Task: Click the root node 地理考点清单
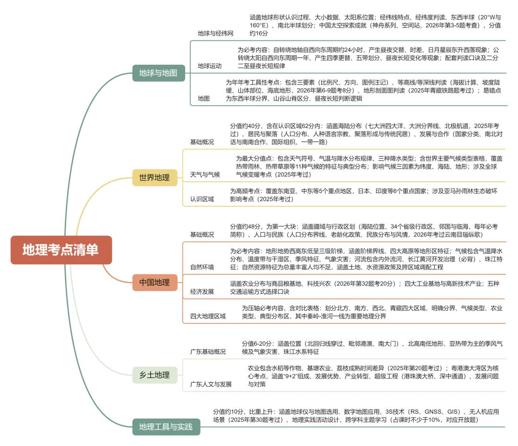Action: pyautogui.click(x=61, y=250)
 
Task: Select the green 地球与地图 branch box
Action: pyautogui.click(x=159, y=73)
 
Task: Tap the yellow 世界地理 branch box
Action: pyautogui.click(x=154, y=178)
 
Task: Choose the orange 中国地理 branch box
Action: pyautogui.click(x=154, y=282)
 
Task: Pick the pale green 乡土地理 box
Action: pyautogui.click(x=154, y=375)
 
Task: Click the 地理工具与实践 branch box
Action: pyautogui.click(x=166, y=427)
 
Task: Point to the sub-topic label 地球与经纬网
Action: pyautogui.click(x=215, y=34)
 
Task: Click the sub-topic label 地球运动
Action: pyautogui.click(x=210, y=66)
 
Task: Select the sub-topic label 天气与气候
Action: pyautogui.click(x=205, y=175)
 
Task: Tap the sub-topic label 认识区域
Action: pyautogui.click(x=202, y=199)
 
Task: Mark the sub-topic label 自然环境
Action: pyautogui.click(x=202, y=267)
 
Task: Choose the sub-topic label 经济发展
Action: pyautogui.click(x=202, y=292)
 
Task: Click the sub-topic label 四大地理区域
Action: pyautogui.click(x=208, y=316)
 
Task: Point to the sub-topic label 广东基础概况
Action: pyautogui.click(x=208, y=352)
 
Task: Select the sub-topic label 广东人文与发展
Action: pyautogui.click(x=211, y=384)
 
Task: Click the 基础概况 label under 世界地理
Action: pyautogui.click(x=202, y=142)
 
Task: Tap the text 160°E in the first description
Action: pyautogui.click(x=258, y=25)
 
